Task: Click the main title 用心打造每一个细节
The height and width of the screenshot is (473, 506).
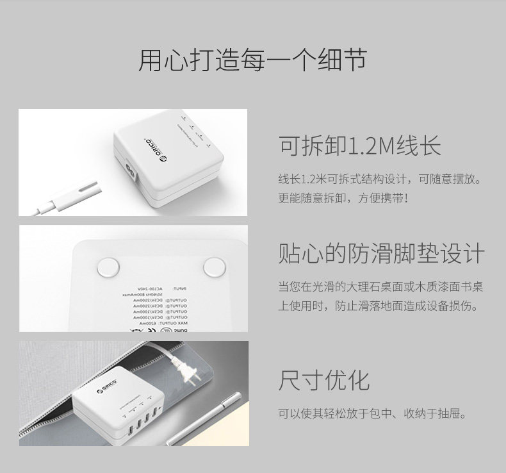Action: pos(252,60)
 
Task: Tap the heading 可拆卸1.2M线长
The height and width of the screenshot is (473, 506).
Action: pos(359,145)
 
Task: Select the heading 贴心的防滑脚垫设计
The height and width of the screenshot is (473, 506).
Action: pos(381,254)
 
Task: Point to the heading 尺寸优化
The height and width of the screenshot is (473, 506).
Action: pos(323,379)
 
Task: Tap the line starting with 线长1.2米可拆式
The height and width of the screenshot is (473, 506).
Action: pos(380,178)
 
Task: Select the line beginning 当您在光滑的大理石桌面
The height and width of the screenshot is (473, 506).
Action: pos(380,286)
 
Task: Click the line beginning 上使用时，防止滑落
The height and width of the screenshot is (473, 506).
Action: pos(378,306)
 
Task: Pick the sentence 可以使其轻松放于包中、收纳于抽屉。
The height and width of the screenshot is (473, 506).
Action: pos(371,413)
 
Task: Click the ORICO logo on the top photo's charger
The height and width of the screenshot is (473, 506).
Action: pos(154,147)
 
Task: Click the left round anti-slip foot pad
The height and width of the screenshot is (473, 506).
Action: pos(107,266)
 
